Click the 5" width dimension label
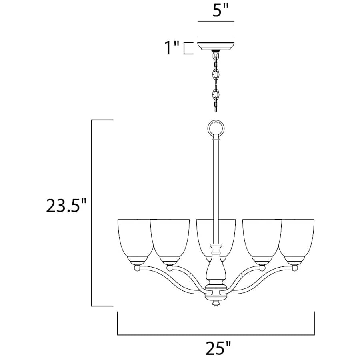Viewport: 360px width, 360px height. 221,10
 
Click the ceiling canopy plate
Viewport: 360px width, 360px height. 216,46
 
